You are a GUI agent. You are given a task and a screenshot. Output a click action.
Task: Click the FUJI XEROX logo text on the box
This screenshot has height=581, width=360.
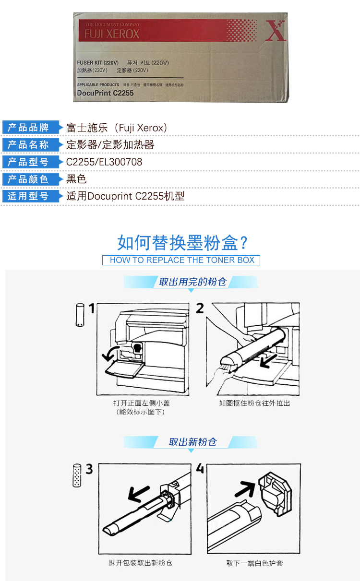pyautogui.click(x=112, y=34)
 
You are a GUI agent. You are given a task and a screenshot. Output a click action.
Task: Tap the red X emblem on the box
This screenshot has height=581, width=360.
pyautogui.click(x=276, y=31)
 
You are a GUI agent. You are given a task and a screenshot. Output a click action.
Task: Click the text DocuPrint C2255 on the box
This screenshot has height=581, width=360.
pyautogui.click(x=106, y=93)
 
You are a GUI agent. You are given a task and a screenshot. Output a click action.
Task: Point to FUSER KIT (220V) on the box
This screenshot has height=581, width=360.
pyautogui.click(x=97, y=63)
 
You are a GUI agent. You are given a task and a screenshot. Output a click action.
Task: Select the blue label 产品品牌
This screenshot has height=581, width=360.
pyautogui.click(x=31, y=127)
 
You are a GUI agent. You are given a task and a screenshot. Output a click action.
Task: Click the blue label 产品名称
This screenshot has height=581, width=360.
pyautogui.click(x=31, y=145)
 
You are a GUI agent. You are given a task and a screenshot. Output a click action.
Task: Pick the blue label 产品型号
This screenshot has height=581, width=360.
pyautogui.click(x=31, y=162)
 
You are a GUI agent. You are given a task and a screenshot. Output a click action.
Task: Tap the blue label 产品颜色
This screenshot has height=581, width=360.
pyautogui.click(x=31, y=179)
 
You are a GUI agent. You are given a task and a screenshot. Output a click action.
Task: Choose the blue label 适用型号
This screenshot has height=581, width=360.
pyautogui.click(x=31, y=196)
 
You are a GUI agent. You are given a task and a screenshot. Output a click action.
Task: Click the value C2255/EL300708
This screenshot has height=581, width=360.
pyautogui.click(x=104, y=162)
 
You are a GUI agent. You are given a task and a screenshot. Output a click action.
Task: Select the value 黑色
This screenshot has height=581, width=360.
pyautogui.click(x=76, y=179)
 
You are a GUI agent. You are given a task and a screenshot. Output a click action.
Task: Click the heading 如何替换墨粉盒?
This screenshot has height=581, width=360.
pyautogui.click(x=182, y=243)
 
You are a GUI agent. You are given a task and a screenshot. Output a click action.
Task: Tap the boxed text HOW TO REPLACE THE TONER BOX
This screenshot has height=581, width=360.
pyautogui.click(x=181, y=260)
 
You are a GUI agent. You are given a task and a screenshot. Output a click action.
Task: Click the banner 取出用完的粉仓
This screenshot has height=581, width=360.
pyautogui.click(x=192, y=282)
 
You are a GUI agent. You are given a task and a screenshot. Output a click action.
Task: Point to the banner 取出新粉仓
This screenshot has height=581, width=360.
pyautogui.click(x=192, y=442)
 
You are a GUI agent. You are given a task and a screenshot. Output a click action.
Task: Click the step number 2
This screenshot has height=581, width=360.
pyautogui.click(x=200, y=308)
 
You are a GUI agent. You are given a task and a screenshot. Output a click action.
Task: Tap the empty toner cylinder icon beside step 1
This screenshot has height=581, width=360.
pyautogui.click(x=80, y=315)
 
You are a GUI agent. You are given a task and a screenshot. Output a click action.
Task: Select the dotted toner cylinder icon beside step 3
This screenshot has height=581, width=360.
pyautogui.click(x=77, y=475)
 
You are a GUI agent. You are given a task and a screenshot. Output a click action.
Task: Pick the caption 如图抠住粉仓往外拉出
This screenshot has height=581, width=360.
pyautogui.click(x=254, y=403)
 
